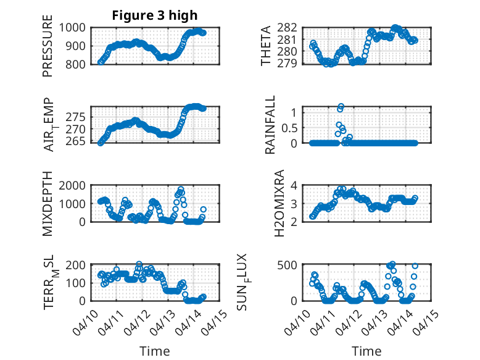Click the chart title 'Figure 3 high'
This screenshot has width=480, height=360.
coord(155,15)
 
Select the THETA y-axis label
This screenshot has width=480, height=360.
coord(266,46)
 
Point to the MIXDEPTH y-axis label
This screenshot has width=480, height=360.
coord(48,203)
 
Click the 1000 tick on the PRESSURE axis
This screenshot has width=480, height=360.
coord(74,28)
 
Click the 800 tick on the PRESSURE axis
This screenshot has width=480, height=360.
coord(77,64)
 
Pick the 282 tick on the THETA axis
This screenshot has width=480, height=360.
coord(289,28)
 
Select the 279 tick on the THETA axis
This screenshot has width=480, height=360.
coord(289,64)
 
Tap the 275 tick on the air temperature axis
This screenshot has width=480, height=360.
coord(77,117)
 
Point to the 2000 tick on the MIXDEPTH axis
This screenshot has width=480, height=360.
coord(74,185)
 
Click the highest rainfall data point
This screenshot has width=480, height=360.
coord(341,107)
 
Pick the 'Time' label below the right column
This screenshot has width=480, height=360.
coord(366,351)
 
